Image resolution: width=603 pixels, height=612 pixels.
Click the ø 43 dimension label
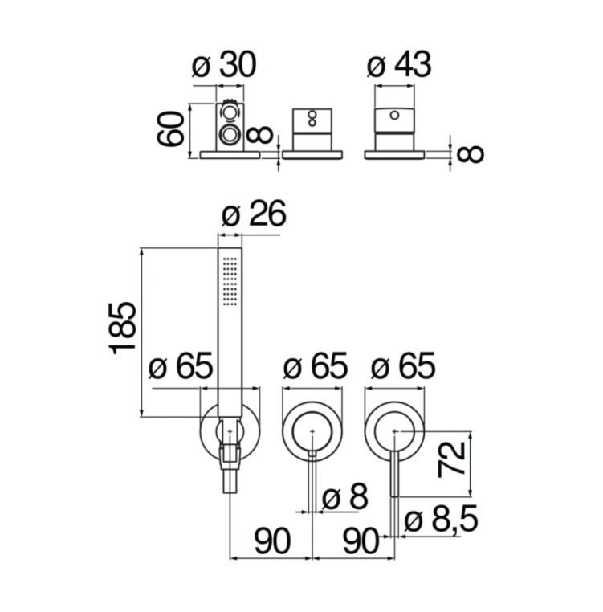(x=399, y=65)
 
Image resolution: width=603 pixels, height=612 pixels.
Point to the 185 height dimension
(x=123, y=328)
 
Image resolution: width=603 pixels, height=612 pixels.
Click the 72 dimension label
(x=454, y=459)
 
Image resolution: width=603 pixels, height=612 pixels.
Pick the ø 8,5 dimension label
(x=441, y=520)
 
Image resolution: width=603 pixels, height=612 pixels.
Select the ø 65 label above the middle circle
(x=315, y=367)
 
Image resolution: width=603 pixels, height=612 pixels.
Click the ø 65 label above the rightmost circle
(x=402, y=367)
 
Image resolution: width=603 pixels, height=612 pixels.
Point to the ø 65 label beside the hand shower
(x=181, y=367)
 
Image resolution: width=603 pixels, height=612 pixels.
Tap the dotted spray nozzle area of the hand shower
(x=230, y=280)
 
